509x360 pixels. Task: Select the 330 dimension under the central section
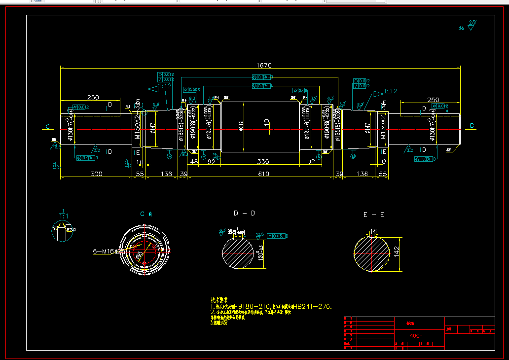[x=260, y=162]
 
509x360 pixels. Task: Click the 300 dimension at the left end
[x=96, y=174]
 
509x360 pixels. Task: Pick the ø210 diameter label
[x=241, y=126]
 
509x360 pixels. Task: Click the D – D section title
[x=245, y=213]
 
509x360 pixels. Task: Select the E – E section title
[x=374, y=215]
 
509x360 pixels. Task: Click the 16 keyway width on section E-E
[x=373, y=231]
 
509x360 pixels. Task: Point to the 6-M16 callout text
[x=104, y=251]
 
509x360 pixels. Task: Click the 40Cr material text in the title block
[x=416, y=336]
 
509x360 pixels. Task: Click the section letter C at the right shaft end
[x=472, y=126]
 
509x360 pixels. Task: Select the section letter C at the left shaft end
[x=48, y=127]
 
